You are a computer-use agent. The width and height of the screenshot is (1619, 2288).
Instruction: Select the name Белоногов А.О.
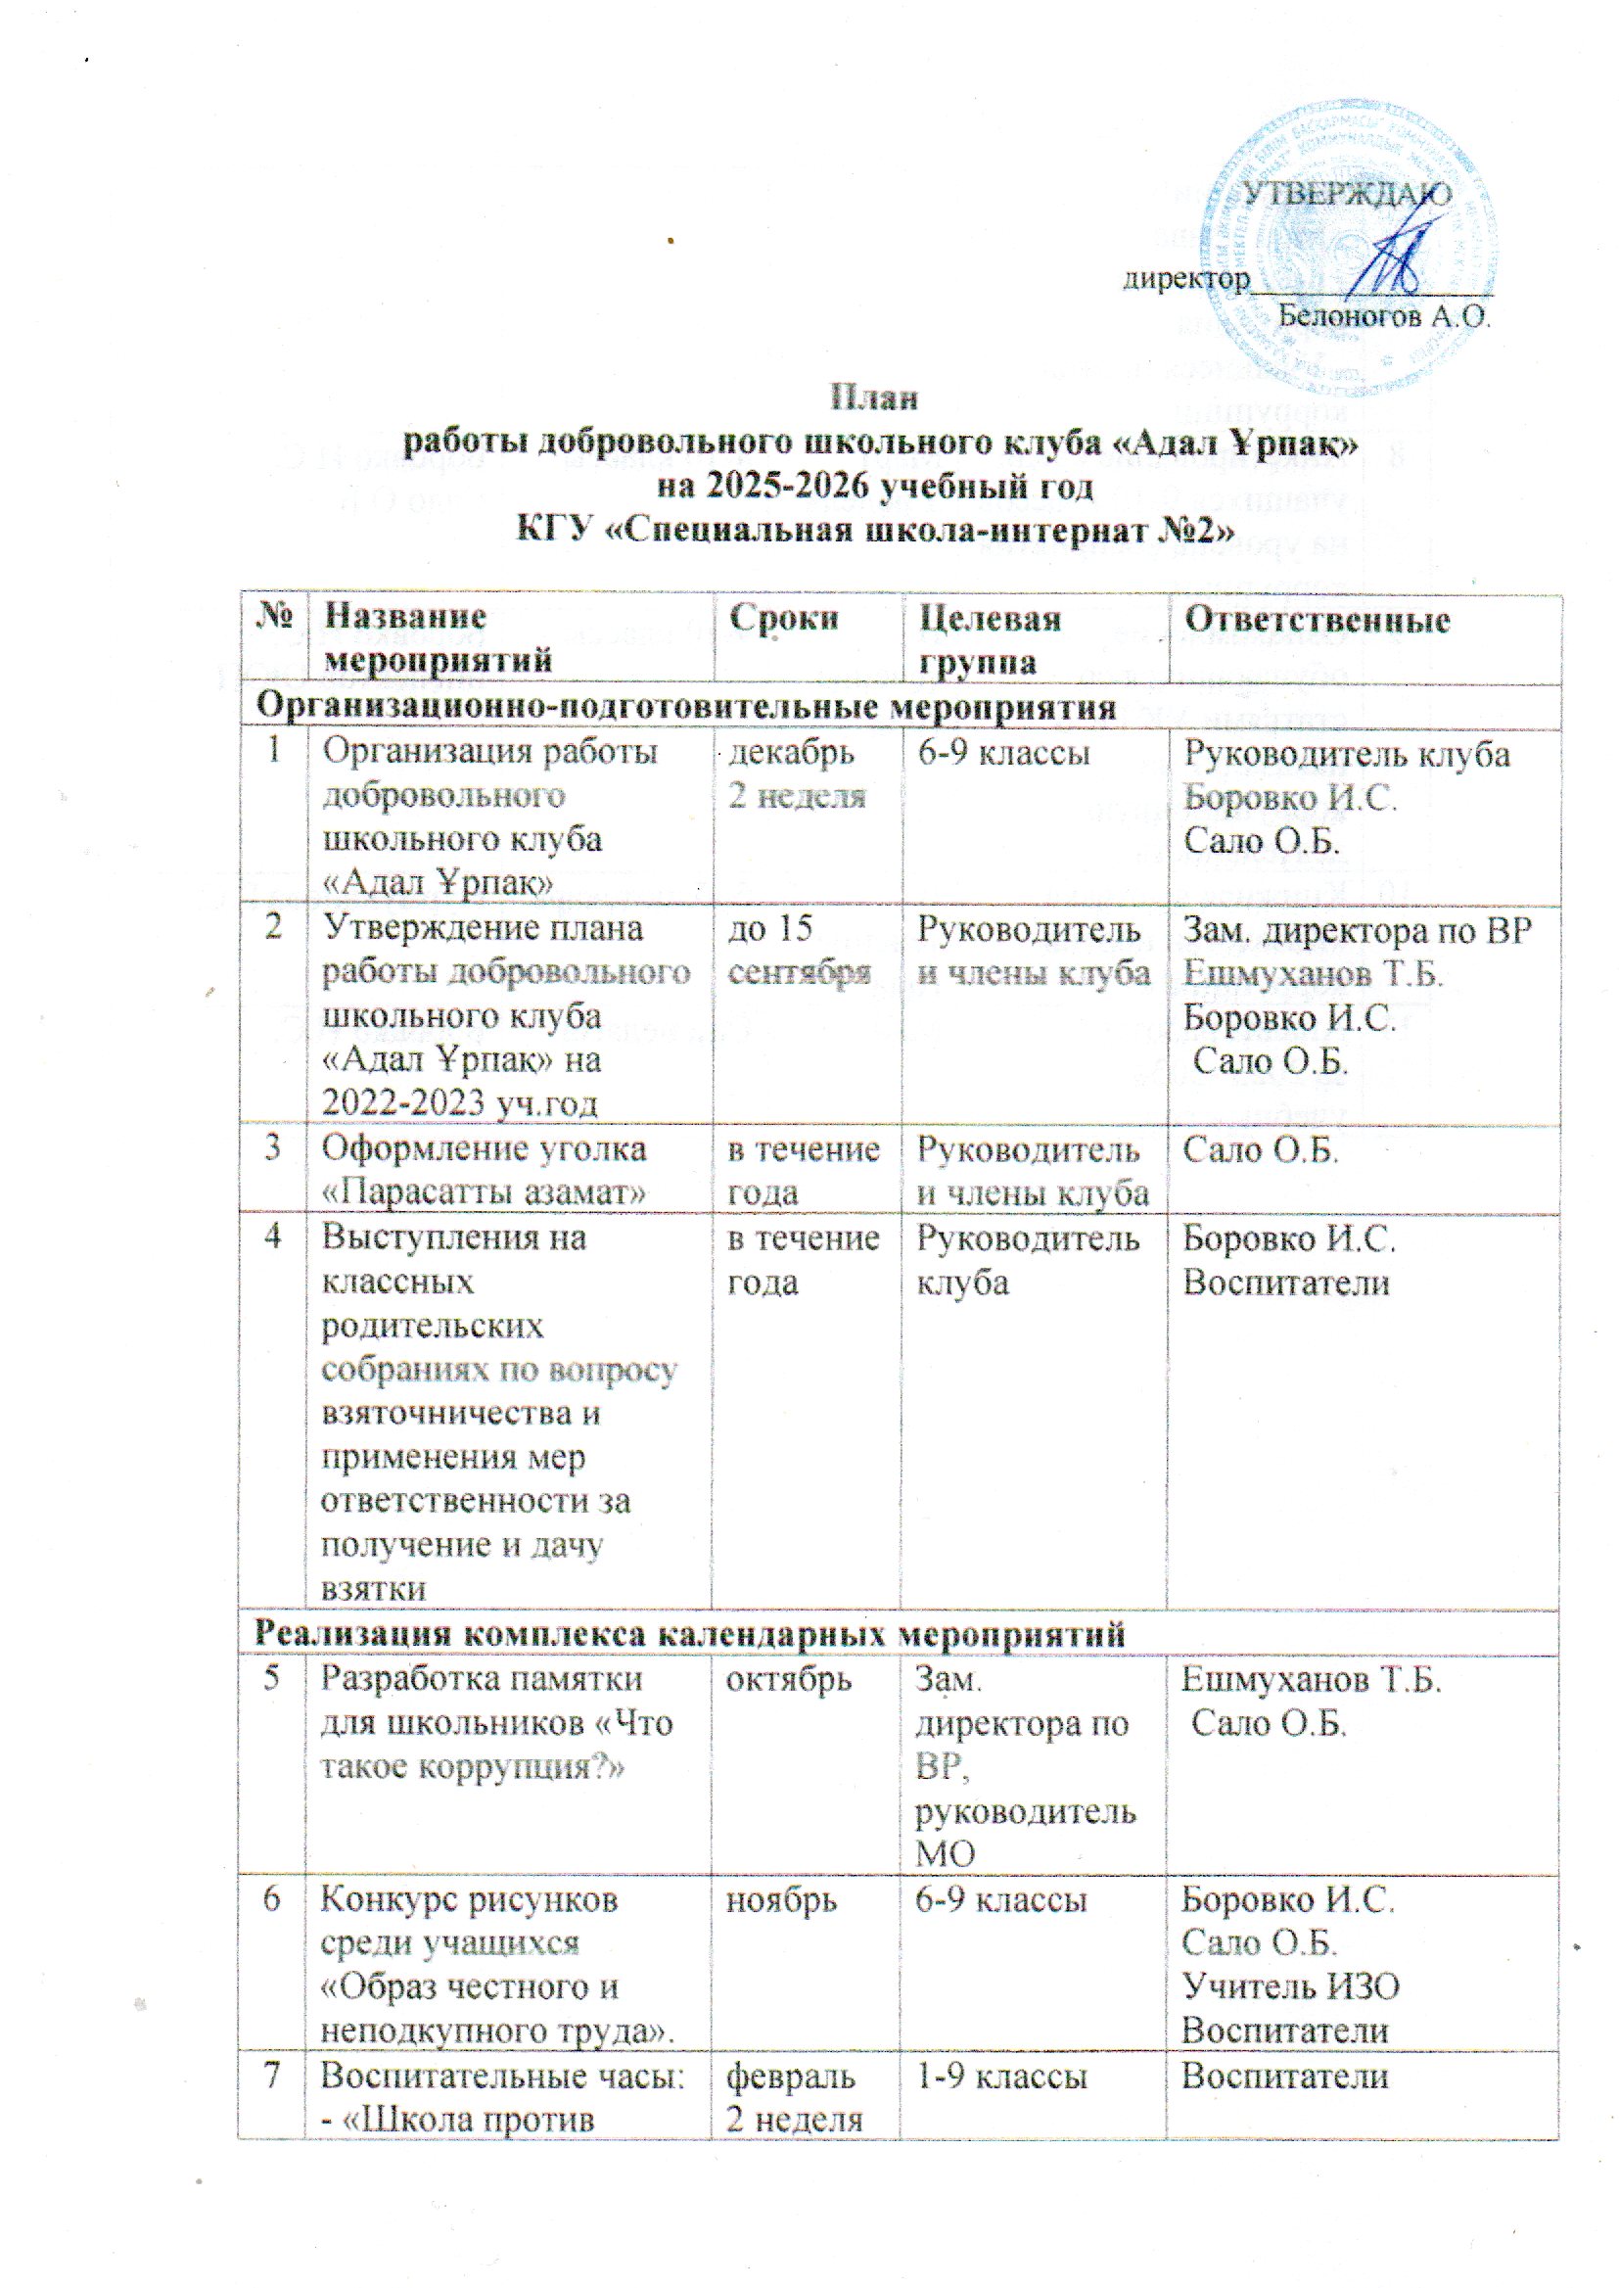(1383, 319)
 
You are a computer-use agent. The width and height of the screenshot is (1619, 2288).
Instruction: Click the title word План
(874, 397)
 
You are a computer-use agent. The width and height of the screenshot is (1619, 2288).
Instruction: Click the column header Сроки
(785, 619)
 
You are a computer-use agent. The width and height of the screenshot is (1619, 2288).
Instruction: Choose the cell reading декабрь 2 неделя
(796, 773)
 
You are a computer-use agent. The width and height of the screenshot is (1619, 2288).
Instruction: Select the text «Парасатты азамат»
(484, 1192)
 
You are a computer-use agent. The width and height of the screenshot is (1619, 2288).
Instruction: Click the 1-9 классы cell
(1001, 2077)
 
